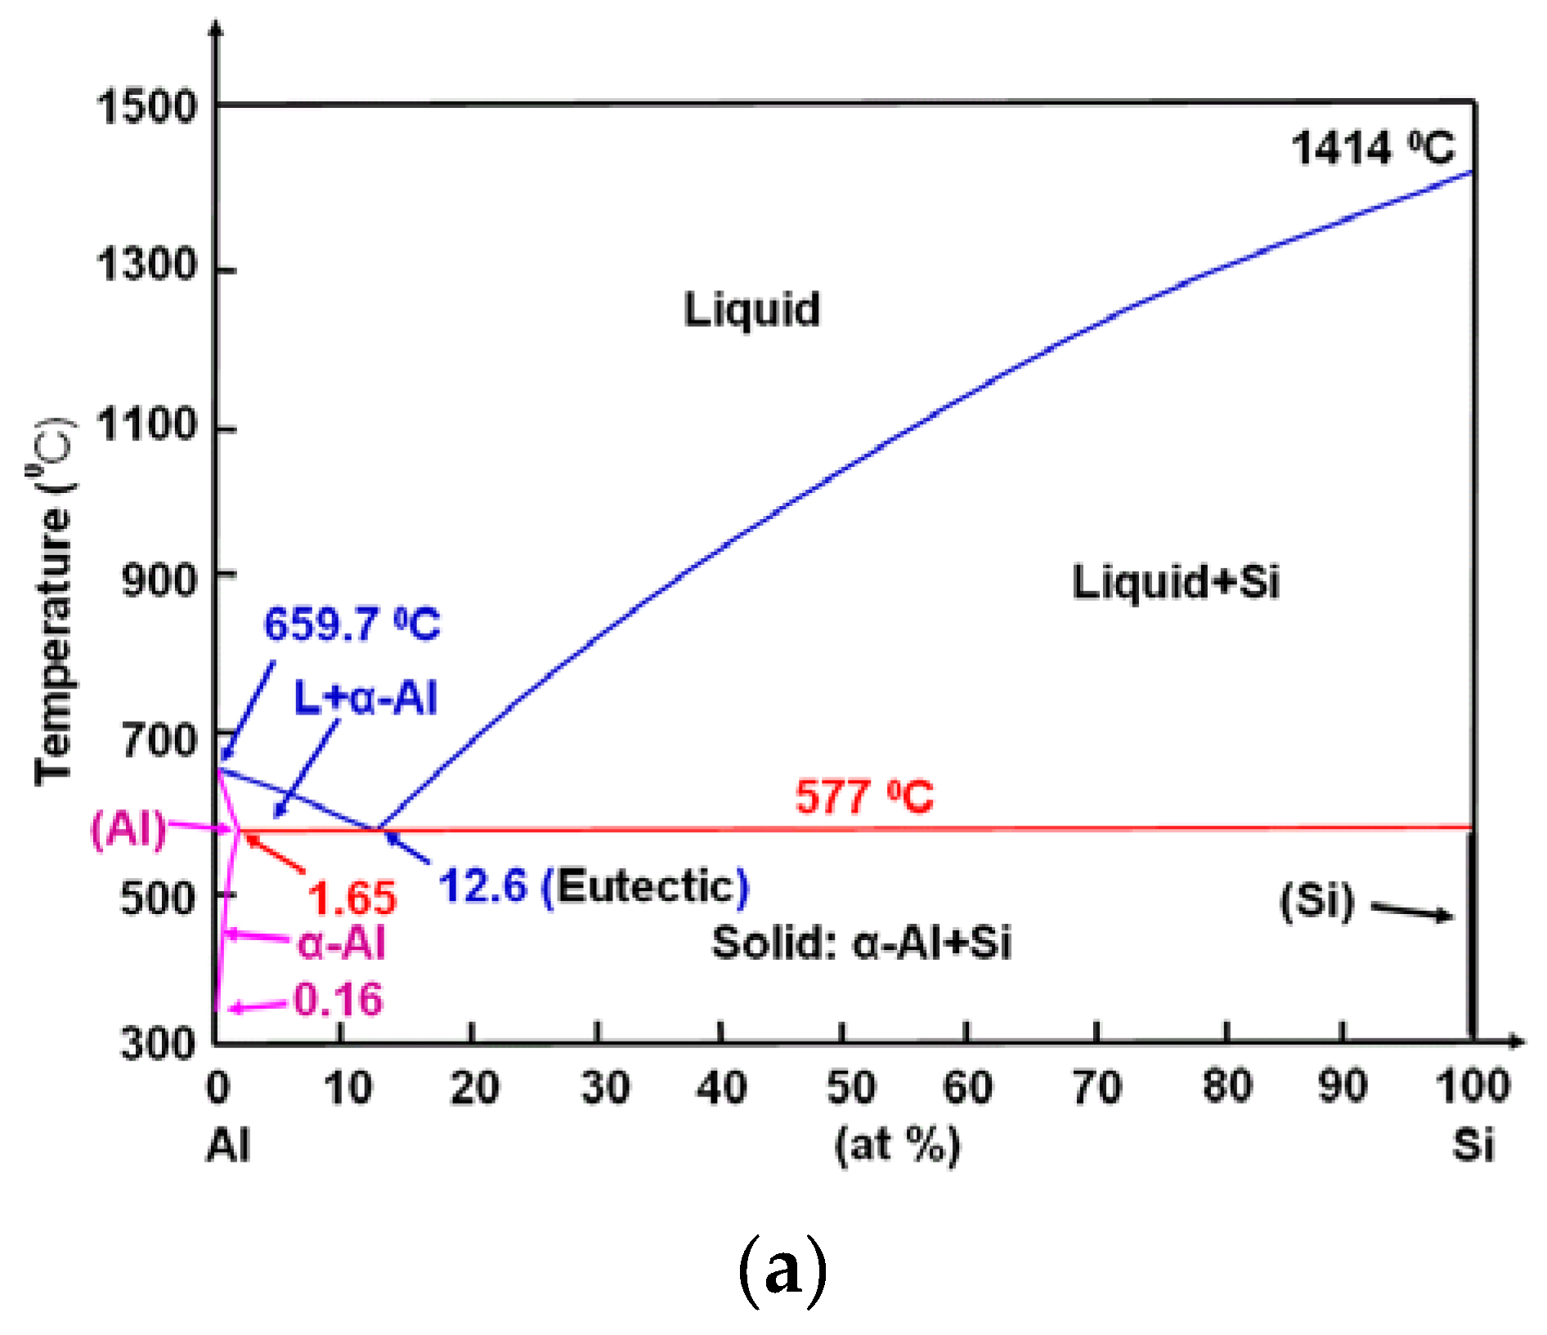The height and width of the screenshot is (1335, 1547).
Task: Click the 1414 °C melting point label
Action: (x=1373, y=148)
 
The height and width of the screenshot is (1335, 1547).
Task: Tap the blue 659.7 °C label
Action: (x=352, y=624)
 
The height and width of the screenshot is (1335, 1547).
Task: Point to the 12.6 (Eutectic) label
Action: (x=593, y=885)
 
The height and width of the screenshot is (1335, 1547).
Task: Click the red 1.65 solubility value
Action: (x=352, y=897)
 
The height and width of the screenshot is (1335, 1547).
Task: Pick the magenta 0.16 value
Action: (x=338, y=999)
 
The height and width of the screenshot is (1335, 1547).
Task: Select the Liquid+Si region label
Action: (x=1175, y=582)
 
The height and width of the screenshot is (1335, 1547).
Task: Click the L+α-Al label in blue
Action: (x=365, y=698)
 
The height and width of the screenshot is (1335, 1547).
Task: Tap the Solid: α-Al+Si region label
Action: (x=861, y=943)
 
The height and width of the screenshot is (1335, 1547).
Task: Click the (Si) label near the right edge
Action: (x=1317, y=901)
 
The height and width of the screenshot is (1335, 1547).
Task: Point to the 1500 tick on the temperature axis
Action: (x=146, y=106)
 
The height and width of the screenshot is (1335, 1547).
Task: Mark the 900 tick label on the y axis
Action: (x=159, y=580)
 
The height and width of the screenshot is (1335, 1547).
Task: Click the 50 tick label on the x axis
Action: (x=850, y=1087)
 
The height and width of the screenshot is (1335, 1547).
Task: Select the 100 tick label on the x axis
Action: (x=1473, y=1086)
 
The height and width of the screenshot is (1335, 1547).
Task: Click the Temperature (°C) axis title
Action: (x=52, y=601)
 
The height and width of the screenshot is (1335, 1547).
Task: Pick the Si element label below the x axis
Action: (x=1473, y=1144)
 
